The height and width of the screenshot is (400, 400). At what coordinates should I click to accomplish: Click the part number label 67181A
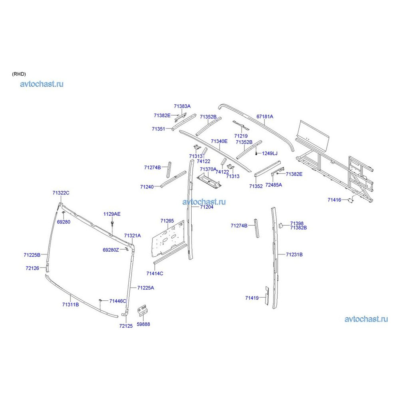click(x=264, y=116)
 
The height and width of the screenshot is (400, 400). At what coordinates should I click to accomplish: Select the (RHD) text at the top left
click(x=19, y=74)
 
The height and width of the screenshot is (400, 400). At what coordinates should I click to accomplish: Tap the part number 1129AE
click(x=112, y=214)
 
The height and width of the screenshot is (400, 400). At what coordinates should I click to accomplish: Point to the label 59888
click(x=143, y=324)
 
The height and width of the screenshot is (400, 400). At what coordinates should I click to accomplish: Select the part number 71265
click(x=167, y=221)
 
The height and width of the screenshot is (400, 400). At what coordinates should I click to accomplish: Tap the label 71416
click(x=334, y=200)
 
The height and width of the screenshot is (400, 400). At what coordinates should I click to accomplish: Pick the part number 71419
click(x=252, y=298)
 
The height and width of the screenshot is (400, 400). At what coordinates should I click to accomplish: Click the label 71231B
click(x=294, y=254)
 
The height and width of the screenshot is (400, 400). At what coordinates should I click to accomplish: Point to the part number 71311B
click(x=70, y=304)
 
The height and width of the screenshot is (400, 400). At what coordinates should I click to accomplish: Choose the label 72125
click(x=126, y=326)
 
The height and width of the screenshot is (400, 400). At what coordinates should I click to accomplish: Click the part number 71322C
click(x=61, y=193)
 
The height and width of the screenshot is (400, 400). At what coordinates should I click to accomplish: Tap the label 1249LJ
click(x=270, y=154)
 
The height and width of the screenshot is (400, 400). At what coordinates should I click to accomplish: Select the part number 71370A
click(x=208, y=169)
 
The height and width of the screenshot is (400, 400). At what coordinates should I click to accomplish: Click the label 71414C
click(x=154, y=274)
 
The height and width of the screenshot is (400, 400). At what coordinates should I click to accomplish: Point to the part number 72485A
click(x=274, y=185)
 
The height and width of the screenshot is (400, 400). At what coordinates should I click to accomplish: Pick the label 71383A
click(x=182, y=106)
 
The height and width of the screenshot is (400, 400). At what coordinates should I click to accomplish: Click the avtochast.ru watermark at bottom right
click(x=366, y=319)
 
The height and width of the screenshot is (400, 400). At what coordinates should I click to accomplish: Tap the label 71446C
click(x=118, y=301)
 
